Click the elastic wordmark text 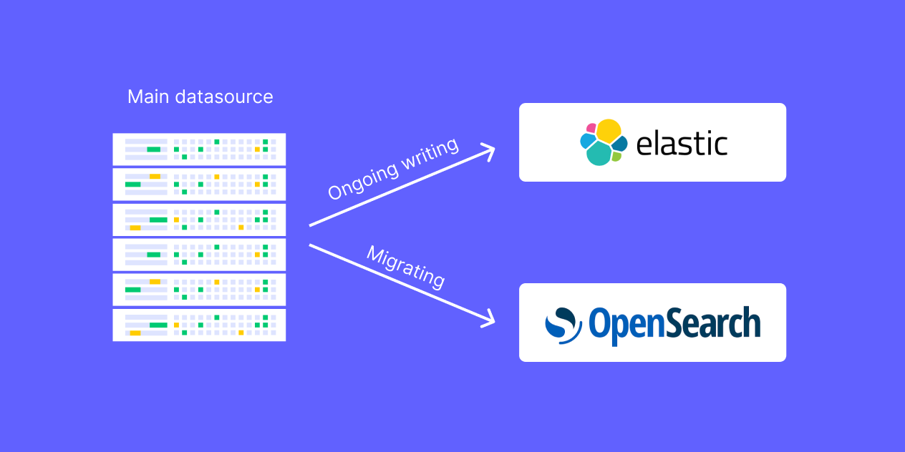click(x=682, y=143)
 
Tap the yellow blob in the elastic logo click(x=608, y=130)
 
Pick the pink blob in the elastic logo click(x=591, y=129)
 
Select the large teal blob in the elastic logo click(x=599, y=153)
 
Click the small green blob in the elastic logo click(x=616, y=156)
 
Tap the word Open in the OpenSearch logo click(x=620, y=324)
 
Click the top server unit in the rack click(x=199, y=149)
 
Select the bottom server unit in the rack click(x=199, y=325)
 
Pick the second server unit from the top click(x=199, y=184)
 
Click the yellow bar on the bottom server click(x=135, y=333)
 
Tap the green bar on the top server click(x=153, y=149)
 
